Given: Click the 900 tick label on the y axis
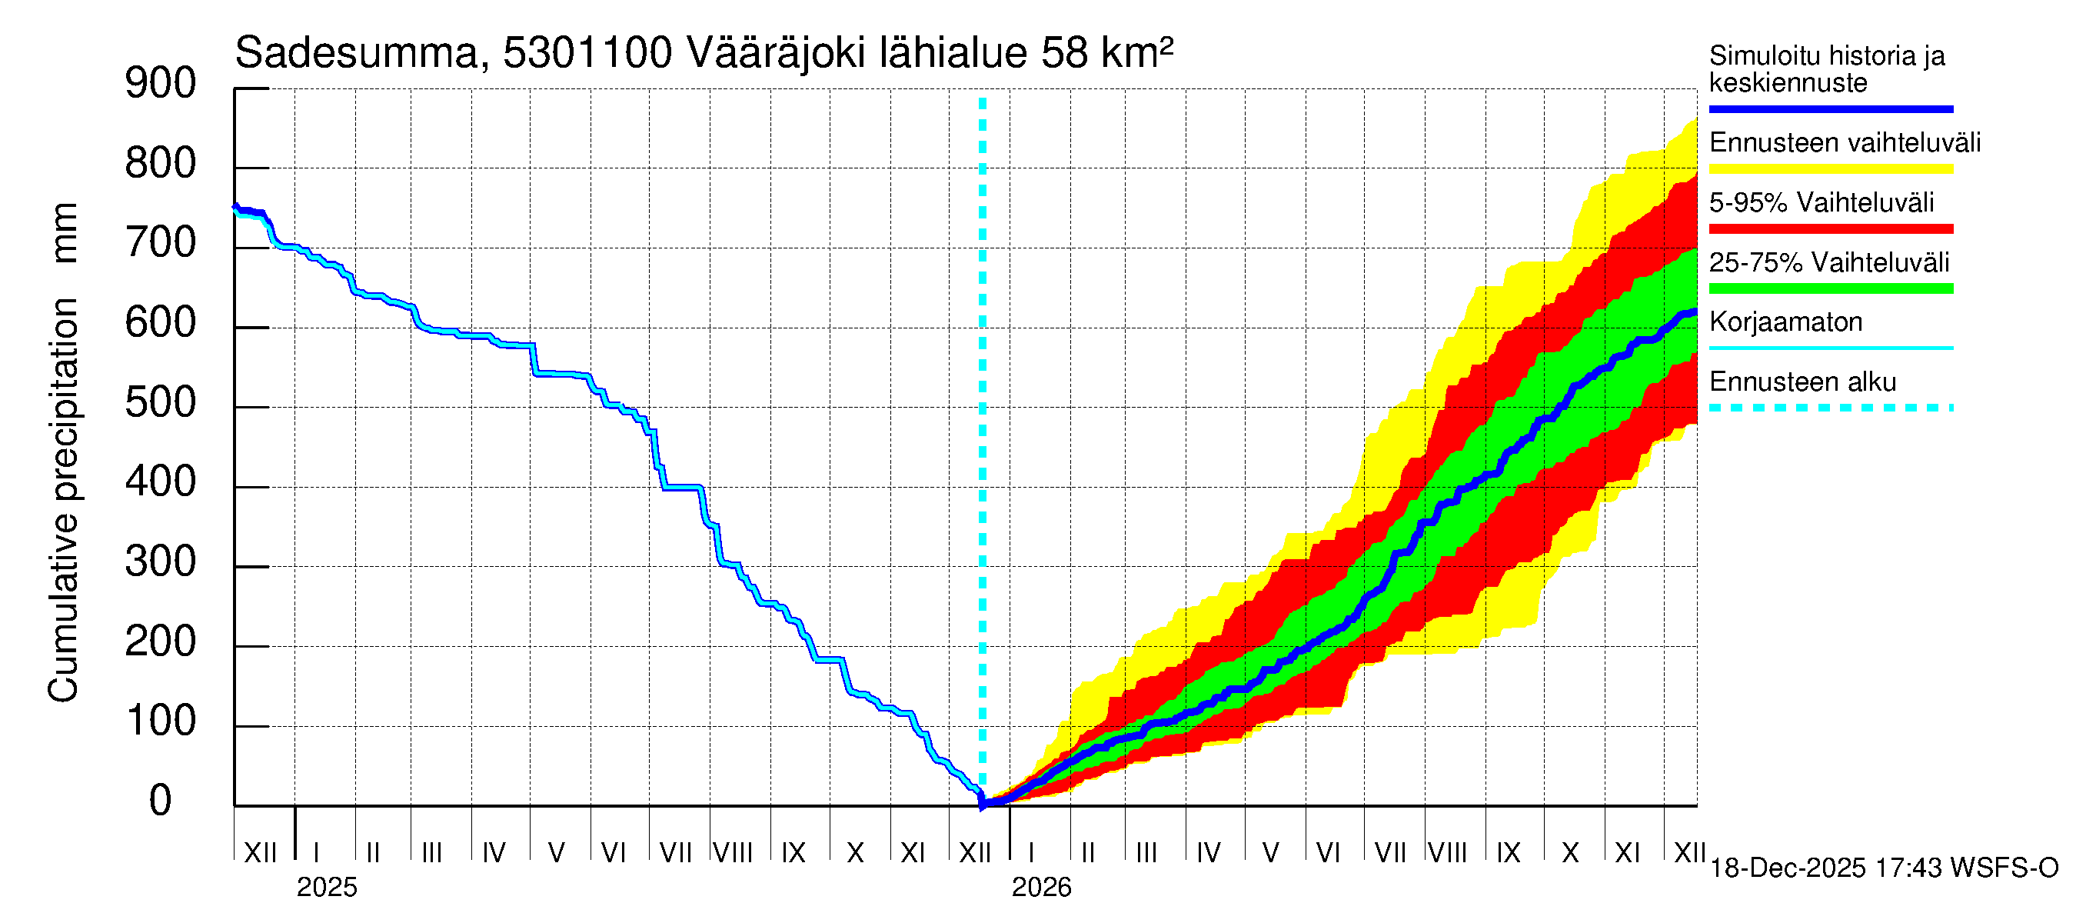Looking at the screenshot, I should (161, 84).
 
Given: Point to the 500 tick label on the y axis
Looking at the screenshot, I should (161, 403).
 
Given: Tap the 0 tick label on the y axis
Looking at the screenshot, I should (161, 801).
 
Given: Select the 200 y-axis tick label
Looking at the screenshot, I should (161, 642).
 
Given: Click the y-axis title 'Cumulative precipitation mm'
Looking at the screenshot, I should (63, 452).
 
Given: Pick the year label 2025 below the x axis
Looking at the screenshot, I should (326, 888).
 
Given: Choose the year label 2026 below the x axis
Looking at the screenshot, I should (1041, 888).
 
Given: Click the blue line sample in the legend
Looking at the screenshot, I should (1830, 108).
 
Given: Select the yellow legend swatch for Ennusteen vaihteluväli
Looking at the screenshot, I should (1830, 169).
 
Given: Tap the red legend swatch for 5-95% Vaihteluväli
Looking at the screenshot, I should (1830, 229).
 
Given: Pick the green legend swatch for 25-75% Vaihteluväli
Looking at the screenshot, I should (1830, 288).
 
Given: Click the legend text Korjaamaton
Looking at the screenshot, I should (1785, 322).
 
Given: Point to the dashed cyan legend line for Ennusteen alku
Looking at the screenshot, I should (1830, 408).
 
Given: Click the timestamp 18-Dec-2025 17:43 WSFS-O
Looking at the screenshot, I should (1883, 868).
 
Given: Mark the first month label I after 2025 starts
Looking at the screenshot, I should (317, 852).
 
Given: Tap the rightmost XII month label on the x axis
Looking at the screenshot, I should (1688, 852).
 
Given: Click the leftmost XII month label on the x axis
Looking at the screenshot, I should (260, 852).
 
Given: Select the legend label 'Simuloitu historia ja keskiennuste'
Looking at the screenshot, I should (1826, 69).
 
